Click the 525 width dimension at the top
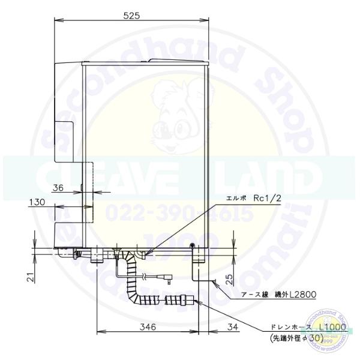133,16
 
